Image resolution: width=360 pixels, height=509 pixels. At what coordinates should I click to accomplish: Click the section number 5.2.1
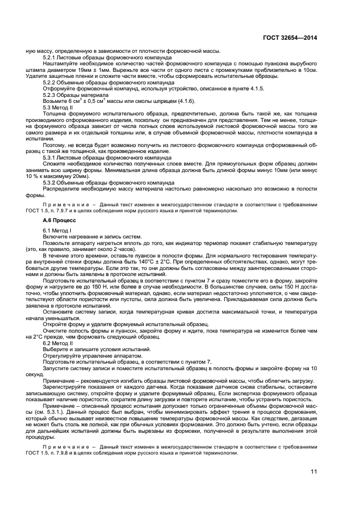coord(51,57)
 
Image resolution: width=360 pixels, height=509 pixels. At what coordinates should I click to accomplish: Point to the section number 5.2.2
coord(51,83)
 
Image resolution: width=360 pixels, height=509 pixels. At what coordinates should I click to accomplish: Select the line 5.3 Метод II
coord(58,107)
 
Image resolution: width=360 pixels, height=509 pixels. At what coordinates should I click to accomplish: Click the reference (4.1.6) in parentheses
coord(185,101)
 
